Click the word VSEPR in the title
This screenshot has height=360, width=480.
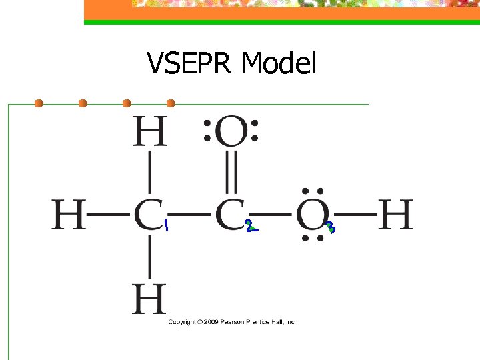(x=191, y=64)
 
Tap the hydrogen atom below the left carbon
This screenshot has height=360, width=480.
(x=149, y=299)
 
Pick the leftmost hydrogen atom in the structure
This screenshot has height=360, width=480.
(x=69, y=215)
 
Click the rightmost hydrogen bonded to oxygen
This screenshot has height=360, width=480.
(x=395, y=215)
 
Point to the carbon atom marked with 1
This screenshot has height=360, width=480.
(x=147, y=215)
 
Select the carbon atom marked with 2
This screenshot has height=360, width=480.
(x=229, y=215)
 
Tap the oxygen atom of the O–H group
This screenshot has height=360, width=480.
(x=311, y=215)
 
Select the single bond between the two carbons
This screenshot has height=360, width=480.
(x=189, y=215)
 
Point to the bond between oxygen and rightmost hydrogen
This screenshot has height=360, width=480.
(x=353, y=215)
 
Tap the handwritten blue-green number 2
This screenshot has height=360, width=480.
(x=251, y=227)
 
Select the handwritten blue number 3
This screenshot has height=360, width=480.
(x=331, y=227)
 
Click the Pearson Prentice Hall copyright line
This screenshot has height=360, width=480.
(x=231, y=322)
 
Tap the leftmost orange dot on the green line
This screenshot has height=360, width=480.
(x=39, y=103)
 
